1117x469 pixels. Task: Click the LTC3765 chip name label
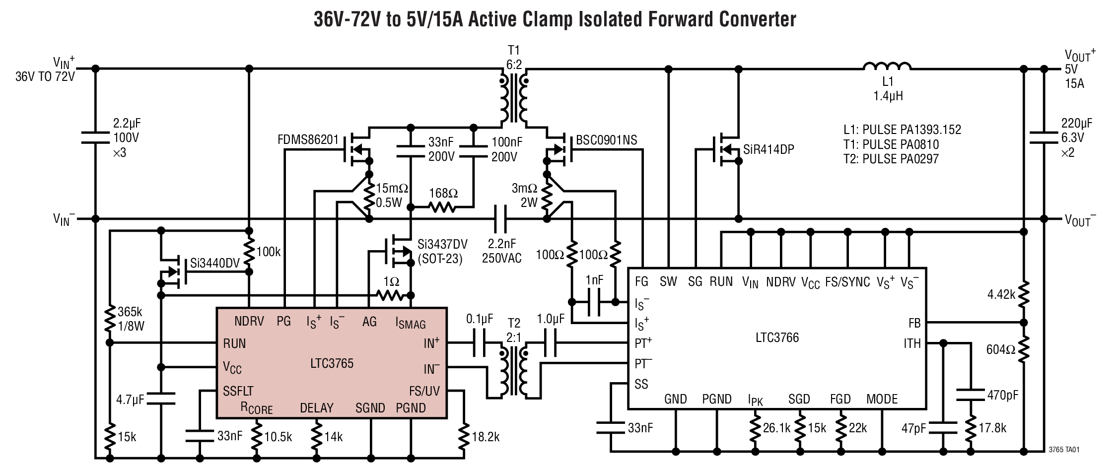(x=332, y=364)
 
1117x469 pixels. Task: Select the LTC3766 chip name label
(x=777, y=338)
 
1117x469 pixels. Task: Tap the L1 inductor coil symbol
(x=887, y=67)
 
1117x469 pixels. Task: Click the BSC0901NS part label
(x=606, y=140)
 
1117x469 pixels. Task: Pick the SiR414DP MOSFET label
(x=768, y=149)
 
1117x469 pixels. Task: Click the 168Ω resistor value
(x=443, y=193)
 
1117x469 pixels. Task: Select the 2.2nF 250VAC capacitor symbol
(x=501, y=219)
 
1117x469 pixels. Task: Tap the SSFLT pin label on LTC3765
(x=238, y=391)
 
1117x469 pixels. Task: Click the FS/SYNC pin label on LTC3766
(x=847, y=282)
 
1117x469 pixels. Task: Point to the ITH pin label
(x=912, y=343)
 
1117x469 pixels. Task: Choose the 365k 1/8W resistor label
(x=130, y=319)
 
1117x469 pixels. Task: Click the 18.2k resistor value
(x=485, y=437)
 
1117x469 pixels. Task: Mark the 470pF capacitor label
(x=1002, y=395)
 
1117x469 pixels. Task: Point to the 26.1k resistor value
(x=776, y=428)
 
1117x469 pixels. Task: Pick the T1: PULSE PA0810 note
(x=891, y=144)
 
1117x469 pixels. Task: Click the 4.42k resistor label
(x=1001, y=295)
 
